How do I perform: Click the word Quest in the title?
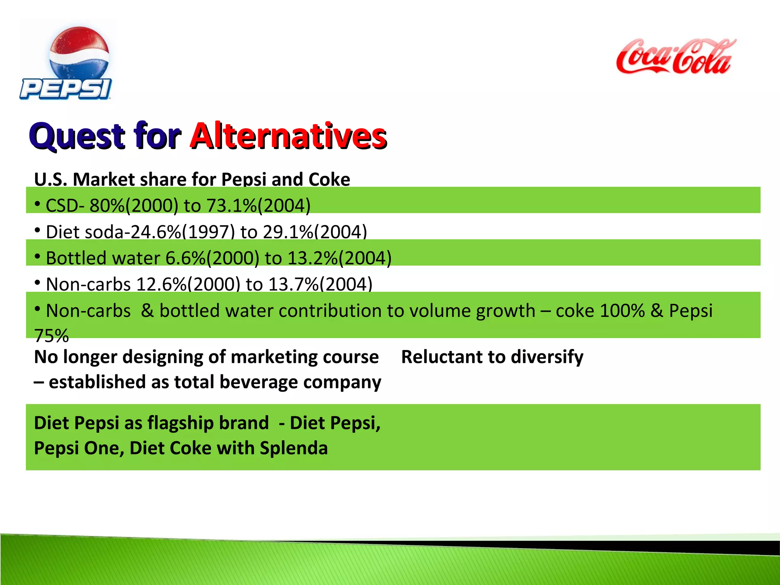pyautogui.click(x=77, y=136)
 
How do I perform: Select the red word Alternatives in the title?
pyautogui.click(x=289, y=136)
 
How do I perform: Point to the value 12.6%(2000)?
pyautogui.click(x=188, y=284)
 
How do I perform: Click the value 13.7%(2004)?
pyautogui.click(x=320, y=284)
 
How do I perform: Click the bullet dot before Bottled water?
pyautogui.click(x=37, y=257)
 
